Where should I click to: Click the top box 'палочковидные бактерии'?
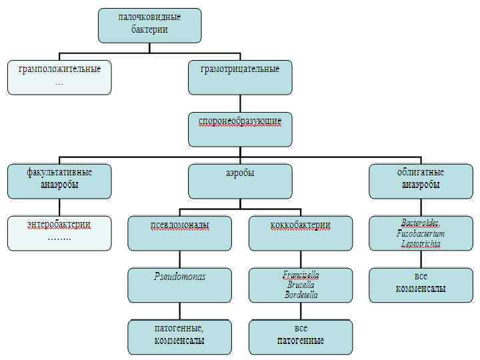pyautogui.click(x=149, y=25)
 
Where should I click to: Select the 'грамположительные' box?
pyautogui.click(x=59, y=77)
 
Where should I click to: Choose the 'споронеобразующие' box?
pyautogui.click(x=240, y=129)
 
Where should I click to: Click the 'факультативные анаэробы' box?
pyautogui.click(x=59, y=181)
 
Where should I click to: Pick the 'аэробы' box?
pyautogui.click(x=240, y=181)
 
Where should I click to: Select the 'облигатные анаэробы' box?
pyautogui.click(x=421, y=181)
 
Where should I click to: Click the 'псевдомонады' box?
pyautogui.click(x=180, y=233)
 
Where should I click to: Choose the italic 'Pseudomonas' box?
pyautogui.click(x=180, y=285)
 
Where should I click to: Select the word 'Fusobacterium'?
pyautogui.click(x=421, y=234)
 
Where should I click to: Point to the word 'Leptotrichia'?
pyautogui.click(x=421, y=244)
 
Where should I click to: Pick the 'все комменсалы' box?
pyautogui.click(x=421, y=285)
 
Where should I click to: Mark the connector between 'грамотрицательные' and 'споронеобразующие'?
pyautogui.click(x=240, y=103)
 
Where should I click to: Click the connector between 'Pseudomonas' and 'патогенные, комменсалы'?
pyautogui.click(x=180, y=311)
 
